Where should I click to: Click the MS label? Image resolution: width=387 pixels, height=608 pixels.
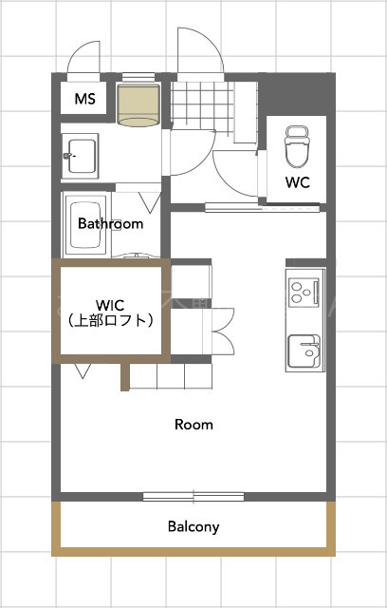(84, 98)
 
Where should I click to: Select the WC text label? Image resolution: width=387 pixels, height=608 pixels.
(297, 181)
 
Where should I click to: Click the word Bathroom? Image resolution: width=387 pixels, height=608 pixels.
(110, 224)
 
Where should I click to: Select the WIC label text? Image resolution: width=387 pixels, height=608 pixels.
(109, 305)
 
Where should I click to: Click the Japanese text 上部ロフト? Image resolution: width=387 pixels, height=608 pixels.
(110, 321)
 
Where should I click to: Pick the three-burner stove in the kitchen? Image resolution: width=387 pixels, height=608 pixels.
(304, 291)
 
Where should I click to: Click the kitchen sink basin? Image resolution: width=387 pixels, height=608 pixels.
(304, 349)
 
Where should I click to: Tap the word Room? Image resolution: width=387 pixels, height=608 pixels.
(193, 424)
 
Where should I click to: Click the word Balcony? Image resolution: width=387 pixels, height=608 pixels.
(193, 525)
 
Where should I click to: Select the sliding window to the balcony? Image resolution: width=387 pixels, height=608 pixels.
(193, 495)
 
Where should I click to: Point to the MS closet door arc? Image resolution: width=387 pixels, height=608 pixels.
(83, 55)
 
